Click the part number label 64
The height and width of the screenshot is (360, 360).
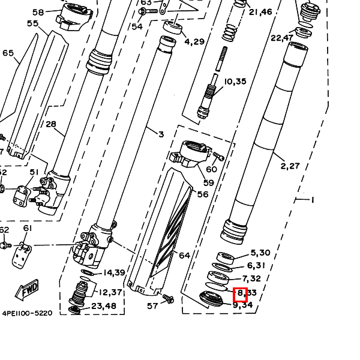coord(184,256)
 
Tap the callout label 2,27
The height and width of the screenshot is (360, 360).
coord(290,166)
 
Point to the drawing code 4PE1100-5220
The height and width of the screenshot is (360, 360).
coord(27,313)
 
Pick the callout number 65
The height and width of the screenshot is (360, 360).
coord(8,53)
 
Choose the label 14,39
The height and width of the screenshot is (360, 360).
coord(113,273)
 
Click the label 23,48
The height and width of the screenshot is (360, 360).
coord(104,306)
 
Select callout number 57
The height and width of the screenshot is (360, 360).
coord(153,306)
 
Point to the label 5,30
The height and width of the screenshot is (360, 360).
coord(260,253)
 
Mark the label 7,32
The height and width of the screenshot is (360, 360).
coord(251,279)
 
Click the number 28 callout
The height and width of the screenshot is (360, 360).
coord(51,124)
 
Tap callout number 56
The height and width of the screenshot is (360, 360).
coord(203,194)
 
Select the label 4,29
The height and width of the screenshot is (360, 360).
coord(194,41)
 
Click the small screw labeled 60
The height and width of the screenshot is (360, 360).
coord(218,157)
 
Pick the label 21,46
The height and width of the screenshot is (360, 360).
coord(260,11)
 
